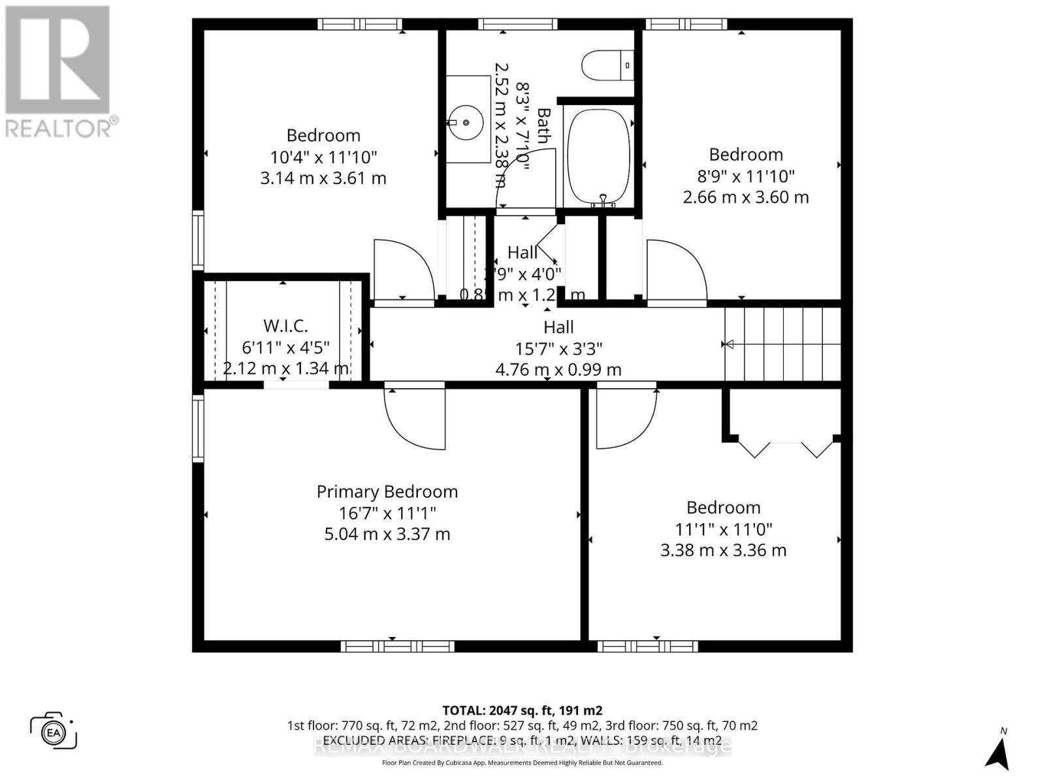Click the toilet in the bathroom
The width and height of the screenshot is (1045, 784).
[x=607, y=65]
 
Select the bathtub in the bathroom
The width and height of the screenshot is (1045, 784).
[x=598, y=154]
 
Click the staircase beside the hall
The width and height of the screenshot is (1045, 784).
[x=782, y=344]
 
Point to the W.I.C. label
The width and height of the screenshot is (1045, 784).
[x=285, y=325]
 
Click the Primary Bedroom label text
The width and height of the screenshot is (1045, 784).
[x=387, y=491]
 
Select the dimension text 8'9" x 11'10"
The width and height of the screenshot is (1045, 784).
[x=746, y=176]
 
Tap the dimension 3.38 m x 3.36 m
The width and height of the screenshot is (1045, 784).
[x=723, y=550]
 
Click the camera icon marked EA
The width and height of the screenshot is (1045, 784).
[x=54, y=730]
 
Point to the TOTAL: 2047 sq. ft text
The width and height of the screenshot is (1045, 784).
[x=522, y=710]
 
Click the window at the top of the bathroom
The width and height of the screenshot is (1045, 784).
[x=517, y=24]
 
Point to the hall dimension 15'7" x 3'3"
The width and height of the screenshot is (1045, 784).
[x=558, y=348]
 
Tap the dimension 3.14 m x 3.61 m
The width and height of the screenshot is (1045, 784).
[x=323, y=178]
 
